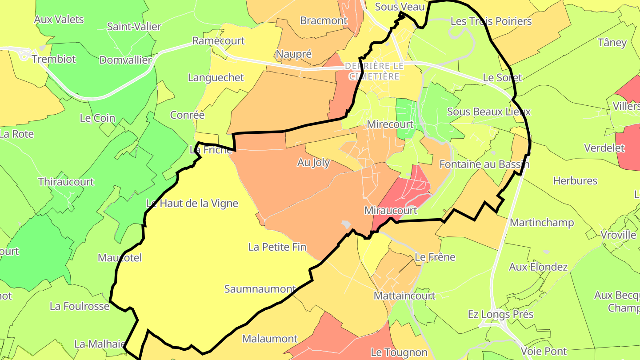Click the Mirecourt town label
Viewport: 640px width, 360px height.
(x=390, y=124)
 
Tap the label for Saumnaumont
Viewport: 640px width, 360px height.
(x=260, y=289)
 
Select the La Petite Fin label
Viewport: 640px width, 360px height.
(x=277, y=247)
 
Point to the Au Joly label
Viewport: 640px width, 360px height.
(x=313, y=163)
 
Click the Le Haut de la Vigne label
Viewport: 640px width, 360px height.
(x=192, y=204)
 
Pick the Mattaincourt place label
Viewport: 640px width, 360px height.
(x=404, y=296)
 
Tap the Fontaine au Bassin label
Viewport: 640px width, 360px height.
(x=484, y=164)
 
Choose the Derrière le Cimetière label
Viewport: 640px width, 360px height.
(x=374, y=71)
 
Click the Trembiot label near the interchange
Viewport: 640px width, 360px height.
(x=54, y=59)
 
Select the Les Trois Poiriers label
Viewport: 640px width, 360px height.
(x=491, y=21)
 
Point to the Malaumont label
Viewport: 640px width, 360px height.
(x=269, y=339)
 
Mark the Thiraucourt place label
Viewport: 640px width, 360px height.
(x=66, y=182)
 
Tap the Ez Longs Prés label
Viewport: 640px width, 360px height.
(x=500, y=315)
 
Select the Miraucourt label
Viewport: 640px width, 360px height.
(x=390, y=211)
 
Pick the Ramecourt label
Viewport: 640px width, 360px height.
(x=218, y=41)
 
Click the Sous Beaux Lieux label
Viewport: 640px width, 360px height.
(x=488, y=112)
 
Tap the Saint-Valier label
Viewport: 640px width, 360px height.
(x=134, y=27)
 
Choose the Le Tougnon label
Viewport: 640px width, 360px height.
(x=399, y=353)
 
